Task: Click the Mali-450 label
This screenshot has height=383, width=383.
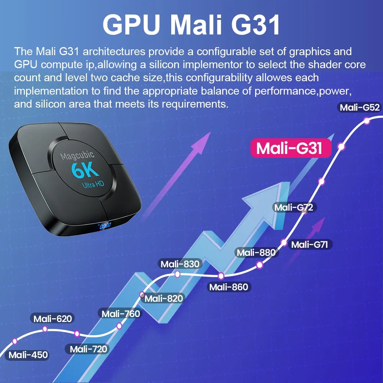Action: point(28,355)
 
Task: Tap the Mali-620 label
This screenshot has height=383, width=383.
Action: point(52,318)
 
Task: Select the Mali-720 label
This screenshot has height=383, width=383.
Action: point(89,349)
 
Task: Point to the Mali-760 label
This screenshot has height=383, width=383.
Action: point(121,314)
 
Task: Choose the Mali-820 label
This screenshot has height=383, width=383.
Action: point(164,298)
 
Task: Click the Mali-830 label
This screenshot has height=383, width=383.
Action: point(180,264)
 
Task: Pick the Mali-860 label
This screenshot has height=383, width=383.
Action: point(229,287)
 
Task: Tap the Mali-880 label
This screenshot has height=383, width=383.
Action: point(256,252)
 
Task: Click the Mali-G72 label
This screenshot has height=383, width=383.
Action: point(294,207)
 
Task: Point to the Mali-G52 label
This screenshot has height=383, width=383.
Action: point(360,108)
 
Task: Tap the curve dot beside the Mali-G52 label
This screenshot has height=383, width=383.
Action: point(367,121)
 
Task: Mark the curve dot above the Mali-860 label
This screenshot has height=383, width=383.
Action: point(221,276)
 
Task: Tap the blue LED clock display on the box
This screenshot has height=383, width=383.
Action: point(104,226)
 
